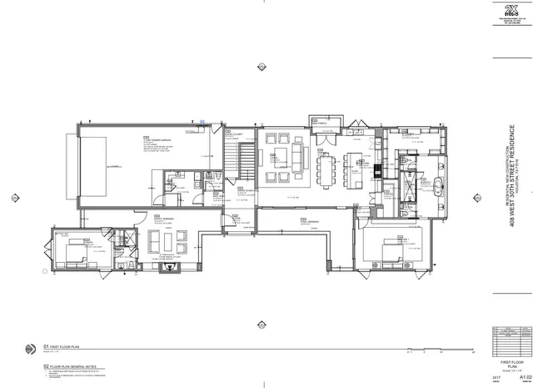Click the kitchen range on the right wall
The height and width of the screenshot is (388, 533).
(x=376, y=170)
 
